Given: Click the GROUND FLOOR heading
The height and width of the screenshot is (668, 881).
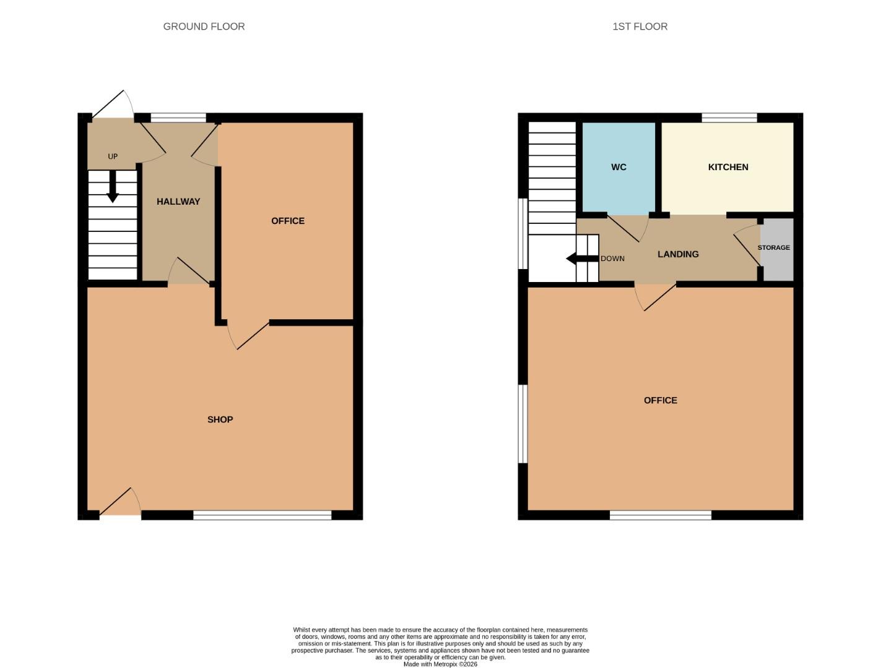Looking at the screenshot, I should coord(204,26).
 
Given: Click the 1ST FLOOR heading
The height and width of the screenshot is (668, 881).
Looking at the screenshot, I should coord(640,26).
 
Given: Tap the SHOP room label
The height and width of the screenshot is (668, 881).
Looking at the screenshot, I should coord(220,419).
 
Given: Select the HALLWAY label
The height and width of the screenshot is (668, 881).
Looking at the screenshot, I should coord(178,202).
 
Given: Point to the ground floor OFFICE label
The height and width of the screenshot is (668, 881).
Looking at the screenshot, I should coord(287,221).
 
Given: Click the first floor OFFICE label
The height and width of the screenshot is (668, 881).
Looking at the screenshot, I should coord(660,400).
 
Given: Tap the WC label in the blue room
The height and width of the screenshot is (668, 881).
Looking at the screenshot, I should coord(618,167).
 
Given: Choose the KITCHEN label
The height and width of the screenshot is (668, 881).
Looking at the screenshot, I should coord(728,167).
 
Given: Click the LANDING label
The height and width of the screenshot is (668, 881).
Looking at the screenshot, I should coord(678,254).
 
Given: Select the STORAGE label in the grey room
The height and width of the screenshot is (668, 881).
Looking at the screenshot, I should coord(773,247).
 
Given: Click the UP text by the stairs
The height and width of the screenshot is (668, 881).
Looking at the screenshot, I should coord(113,156).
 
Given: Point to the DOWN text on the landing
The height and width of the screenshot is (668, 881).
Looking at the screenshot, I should coord(612,259).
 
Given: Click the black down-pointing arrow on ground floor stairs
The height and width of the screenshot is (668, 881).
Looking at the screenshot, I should coord(113,186).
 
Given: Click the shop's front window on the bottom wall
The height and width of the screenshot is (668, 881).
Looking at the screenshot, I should coord(263,515).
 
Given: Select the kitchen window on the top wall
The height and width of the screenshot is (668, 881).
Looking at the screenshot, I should coord(729,118).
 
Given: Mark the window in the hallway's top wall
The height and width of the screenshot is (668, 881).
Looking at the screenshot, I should coord(178,118).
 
